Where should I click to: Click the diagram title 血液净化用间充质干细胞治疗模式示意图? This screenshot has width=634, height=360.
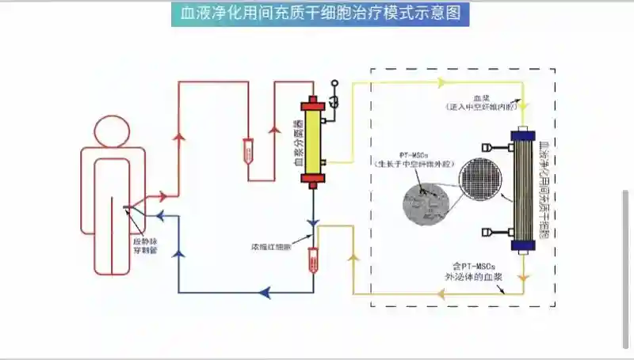320,14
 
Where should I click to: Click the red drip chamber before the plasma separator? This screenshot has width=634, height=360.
248,148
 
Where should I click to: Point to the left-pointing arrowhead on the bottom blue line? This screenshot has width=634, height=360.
265,293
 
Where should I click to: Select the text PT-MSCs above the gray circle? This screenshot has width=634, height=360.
415,152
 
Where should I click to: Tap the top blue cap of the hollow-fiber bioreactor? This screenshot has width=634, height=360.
524,135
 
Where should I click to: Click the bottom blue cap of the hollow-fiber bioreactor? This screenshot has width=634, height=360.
524,248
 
